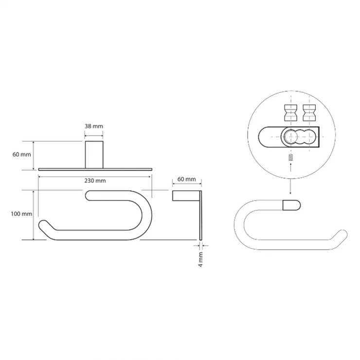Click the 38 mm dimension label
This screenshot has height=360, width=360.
coord(94,126)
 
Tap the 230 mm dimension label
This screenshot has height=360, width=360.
coord(95,180)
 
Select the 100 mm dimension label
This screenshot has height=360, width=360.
coord(21,214)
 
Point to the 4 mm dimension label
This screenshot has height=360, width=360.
coord(200,259)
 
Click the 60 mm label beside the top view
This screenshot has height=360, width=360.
coord(21,155)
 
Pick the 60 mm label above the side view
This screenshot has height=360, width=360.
coord(187,179)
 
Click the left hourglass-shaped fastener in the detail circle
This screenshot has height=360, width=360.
coord(290,113)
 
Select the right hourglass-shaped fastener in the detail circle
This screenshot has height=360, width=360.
coord(309,113)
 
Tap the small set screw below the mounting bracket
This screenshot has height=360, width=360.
coord(291,157)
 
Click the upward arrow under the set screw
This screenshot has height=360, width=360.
coord(291,167)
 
